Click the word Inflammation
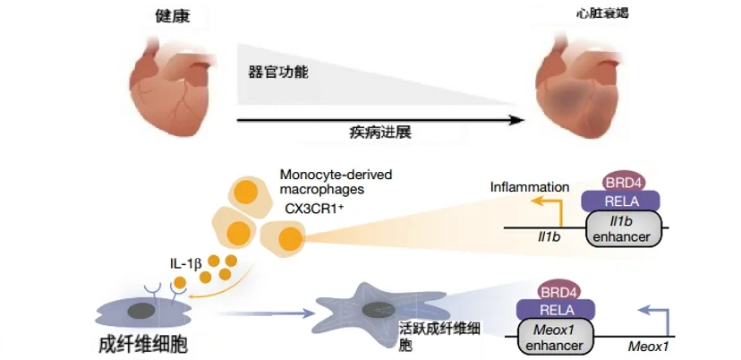pos(530,187)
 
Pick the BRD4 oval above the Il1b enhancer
pos(624,182)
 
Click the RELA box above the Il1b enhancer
pos(621,201)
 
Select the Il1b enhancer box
pos(624,229)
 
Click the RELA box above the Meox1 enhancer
pos(558,310)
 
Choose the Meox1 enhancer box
pos(558,338)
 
